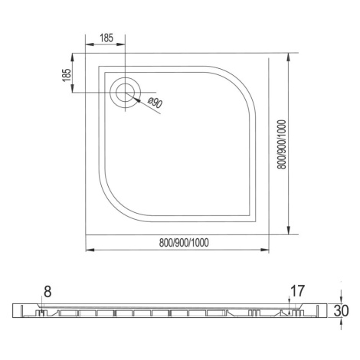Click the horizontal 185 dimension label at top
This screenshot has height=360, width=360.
(x=106, y=38)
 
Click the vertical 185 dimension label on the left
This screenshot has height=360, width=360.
(x=67, y=75)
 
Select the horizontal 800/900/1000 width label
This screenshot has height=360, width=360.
(x=184, y=243)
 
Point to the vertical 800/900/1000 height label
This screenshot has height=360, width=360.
(x=282, y=145)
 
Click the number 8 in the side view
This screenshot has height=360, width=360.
(x=47, y=292)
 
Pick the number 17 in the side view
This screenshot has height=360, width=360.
(x=298, y=291)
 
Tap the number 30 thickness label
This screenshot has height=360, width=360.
(x=342, y=311)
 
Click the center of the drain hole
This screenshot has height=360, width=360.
(x=125, y=92)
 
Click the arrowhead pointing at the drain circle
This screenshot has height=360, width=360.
(x=137, y=100)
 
